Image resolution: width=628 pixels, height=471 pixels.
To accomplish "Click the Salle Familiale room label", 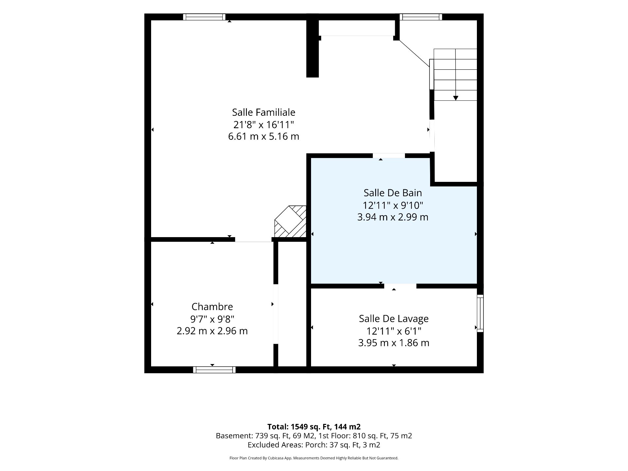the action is (x=264, y=112).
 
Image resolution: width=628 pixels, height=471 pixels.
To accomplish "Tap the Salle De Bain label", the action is (x=392, y=193).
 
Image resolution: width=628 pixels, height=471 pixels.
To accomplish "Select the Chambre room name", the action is (x=212, y=306).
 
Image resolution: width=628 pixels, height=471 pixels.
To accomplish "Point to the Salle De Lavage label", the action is (x=394, y=319).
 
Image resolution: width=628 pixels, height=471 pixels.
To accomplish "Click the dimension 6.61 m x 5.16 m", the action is (x=264, y=136).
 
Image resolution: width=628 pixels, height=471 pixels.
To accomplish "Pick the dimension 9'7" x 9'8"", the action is (x=212, y=319).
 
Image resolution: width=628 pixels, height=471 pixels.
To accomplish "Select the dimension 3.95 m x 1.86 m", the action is (x=394, y=343).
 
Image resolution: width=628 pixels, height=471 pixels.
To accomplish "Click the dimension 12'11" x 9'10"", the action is (x=392, y=205).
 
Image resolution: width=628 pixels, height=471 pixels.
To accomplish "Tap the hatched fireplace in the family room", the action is (x=290, y=221).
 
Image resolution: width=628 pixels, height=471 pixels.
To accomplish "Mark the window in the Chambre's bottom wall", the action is (x=214, y=370).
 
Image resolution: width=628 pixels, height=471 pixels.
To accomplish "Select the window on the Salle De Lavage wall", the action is (x=480, y=313).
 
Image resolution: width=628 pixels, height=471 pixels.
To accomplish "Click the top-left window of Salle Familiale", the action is (x=204, y=17).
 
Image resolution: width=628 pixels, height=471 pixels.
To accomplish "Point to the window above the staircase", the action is (x=421, y=17).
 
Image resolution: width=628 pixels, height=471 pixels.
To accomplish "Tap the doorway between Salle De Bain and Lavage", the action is (x=400, y=286).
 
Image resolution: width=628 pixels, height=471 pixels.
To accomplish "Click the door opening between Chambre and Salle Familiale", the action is (x=253, y=240).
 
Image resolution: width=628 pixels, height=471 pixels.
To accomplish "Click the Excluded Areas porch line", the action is (x=314, y=445).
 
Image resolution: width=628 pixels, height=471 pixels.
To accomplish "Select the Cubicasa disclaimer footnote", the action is (x=314, y=458).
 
